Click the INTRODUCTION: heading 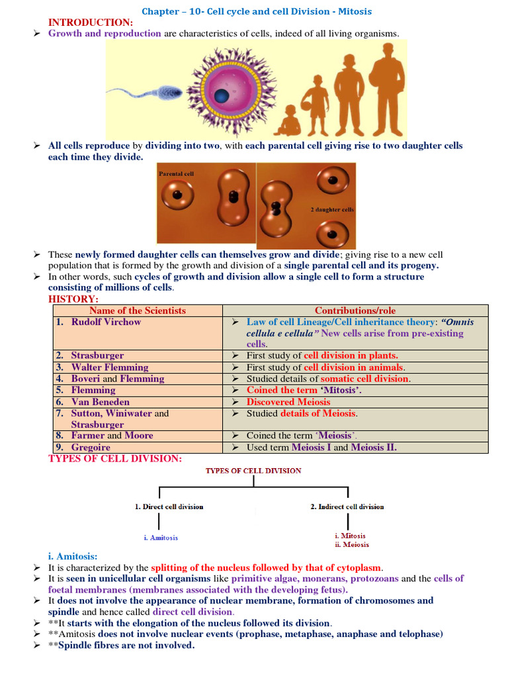[91, 23]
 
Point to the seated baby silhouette [287, 121]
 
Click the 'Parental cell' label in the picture [177, 174]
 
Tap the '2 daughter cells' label [332, 210]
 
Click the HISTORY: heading [73, 299]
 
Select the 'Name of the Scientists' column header [138, 311]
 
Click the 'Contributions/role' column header [355, 311]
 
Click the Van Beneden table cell [101, 402]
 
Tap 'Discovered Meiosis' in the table [288, 402]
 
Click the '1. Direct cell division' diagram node [169, 507]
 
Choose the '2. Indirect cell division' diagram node [347, 507]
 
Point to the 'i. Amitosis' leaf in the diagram [161, 538]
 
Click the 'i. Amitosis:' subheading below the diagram [73, 556]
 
